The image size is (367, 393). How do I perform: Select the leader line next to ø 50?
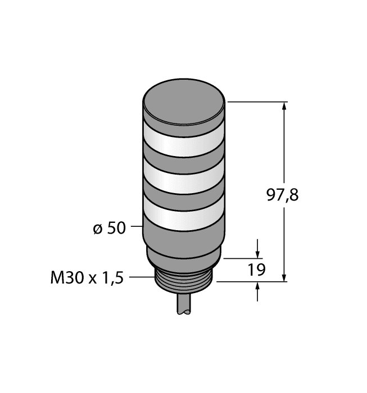tap(136, 227)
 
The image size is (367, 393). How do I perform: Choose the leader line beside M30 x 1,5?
tap(142, 276)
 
